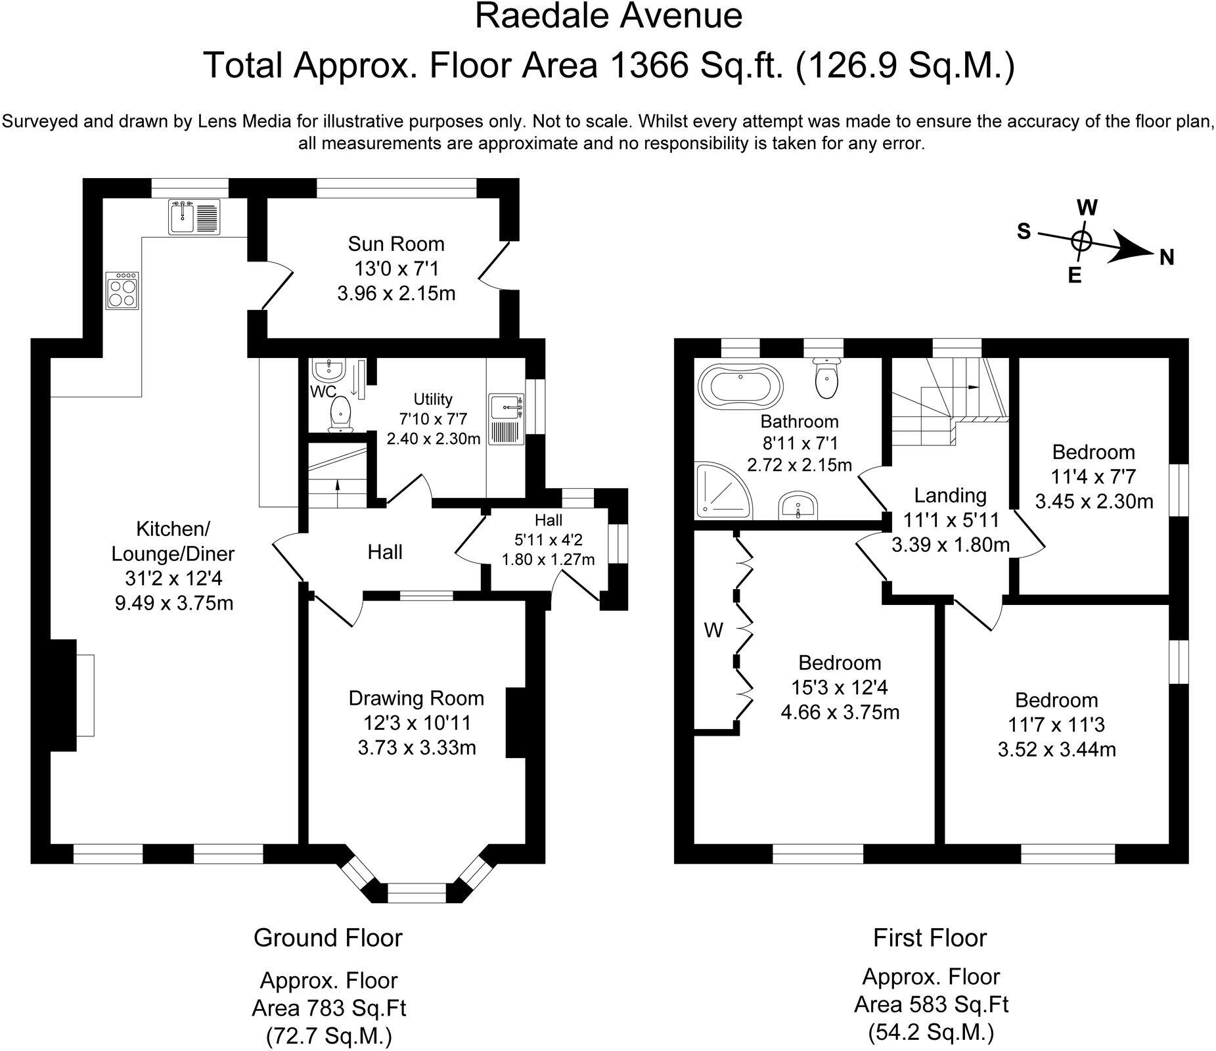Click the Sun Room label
396,244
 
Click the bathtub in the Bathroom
740,384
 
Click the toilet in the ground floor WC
340,418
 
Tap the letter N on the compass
1167,257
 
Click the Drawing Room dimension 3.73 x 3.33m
417,748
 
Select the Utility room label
433,399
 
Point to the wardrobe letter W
713,631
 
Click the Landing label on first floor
950,495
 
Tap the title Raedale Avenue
608,16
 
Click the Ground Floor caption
328,937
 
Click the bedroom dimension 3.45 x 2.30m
1094,502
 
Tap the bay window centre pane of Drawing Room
417,893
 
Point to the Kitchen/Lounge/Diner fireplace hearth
85,695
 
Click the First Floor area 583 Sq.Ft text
931,1004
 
